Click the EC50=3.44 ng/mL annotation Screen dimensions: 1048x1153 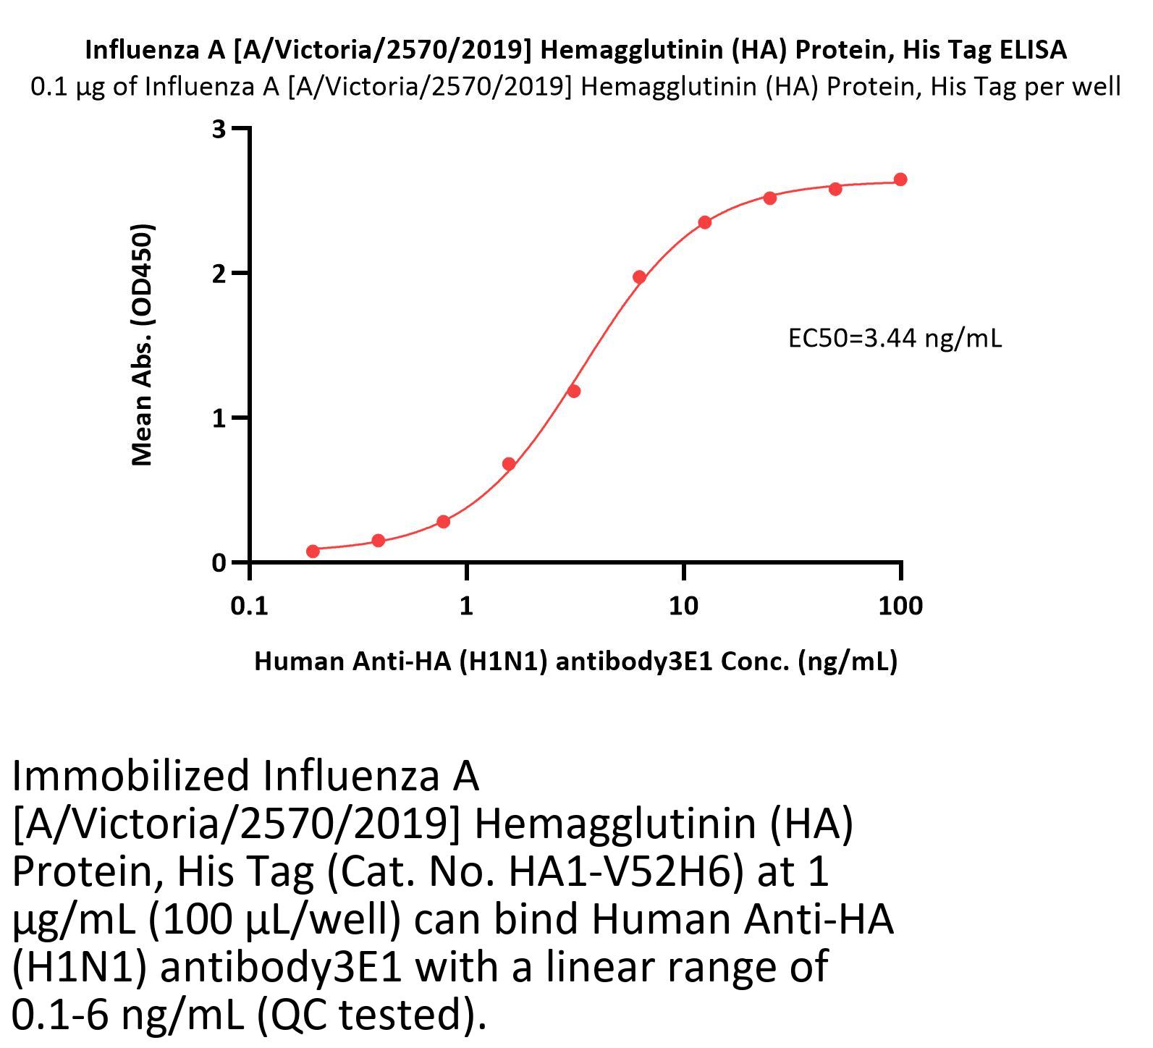tap(895, 338)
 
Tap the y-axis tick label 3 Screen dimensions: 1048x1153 tap(219, 130)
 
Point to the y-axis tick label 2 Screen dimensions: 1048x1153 tap(219, 274)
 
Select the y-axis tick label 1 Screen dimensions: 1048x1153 tap(219, 418)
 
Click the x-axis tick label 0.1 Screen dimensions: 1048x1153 tap(249, 605)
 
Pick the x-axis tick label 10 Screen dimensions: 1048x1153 tap(683, 605)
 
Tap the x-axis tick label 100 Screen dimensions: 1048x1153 tap(900, 605)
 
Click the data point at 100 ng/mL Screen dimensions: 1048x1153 tap(900, 179)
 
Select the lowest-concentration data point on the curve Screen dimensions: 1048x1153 tap(313, 552)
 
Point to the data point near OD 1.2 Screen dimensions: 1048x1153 tap(574, 392)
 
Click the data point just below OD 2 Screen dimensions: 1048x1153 tap(639, 277)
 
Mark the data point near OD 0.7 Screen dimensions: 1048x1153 tap(509, 464)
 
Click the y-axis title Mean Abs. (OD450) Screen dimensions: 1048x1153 tap(143, 345)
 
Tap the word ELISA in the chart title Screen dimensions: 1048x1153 tap(1033, 50)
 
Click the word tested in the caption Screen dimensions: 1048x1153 tap(401, 1014)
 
